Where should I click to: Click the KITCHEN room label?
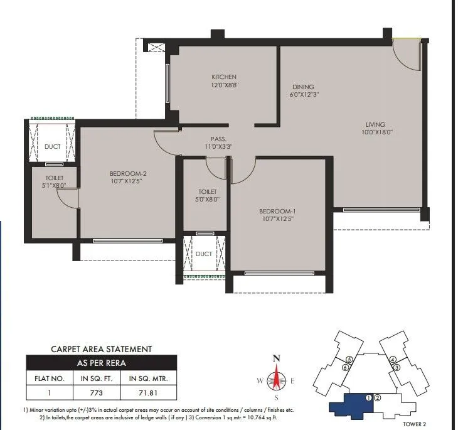tap(224, 77)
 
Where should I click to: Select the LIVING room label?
tap(376, 124)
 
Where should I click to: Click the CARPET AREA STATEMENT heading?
tap(100, 348)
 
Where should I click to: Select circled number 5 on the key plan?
tap(349, 359)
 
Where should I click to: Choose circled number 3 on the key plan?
tap(397, 367)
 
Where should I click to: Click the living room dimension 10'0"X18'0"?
tap(376, 132)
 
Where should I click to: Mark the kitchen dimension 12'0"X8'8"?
tap(224, 85)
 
